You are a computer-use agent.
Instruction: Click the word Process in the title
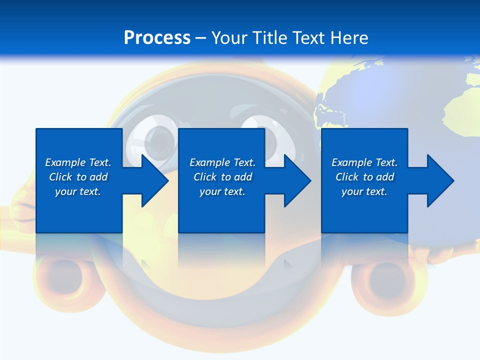[x=157, y=38]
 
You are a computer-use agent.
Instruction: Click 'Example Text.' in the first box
[x=78, y=162]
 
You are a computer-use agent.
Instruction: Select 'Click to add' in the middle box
[x=222, y=177]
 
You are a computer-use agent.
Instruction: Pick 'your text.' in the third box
[x=364, y=191]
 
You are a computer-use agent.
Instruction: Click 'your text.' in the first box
[x=78, y=191]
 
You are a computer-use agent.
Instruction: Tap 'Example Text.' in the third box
[x=364, y=162]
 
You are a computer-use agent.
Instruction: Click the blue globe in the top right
[x=400, y=95]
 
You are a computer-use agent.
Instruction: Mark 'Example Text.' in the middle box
[x=222, y=162]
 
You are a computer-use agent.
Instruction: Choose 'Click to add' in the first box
[x=78, y=177]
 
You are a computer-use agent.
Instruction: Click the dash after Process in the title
[x=200, y=38]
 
